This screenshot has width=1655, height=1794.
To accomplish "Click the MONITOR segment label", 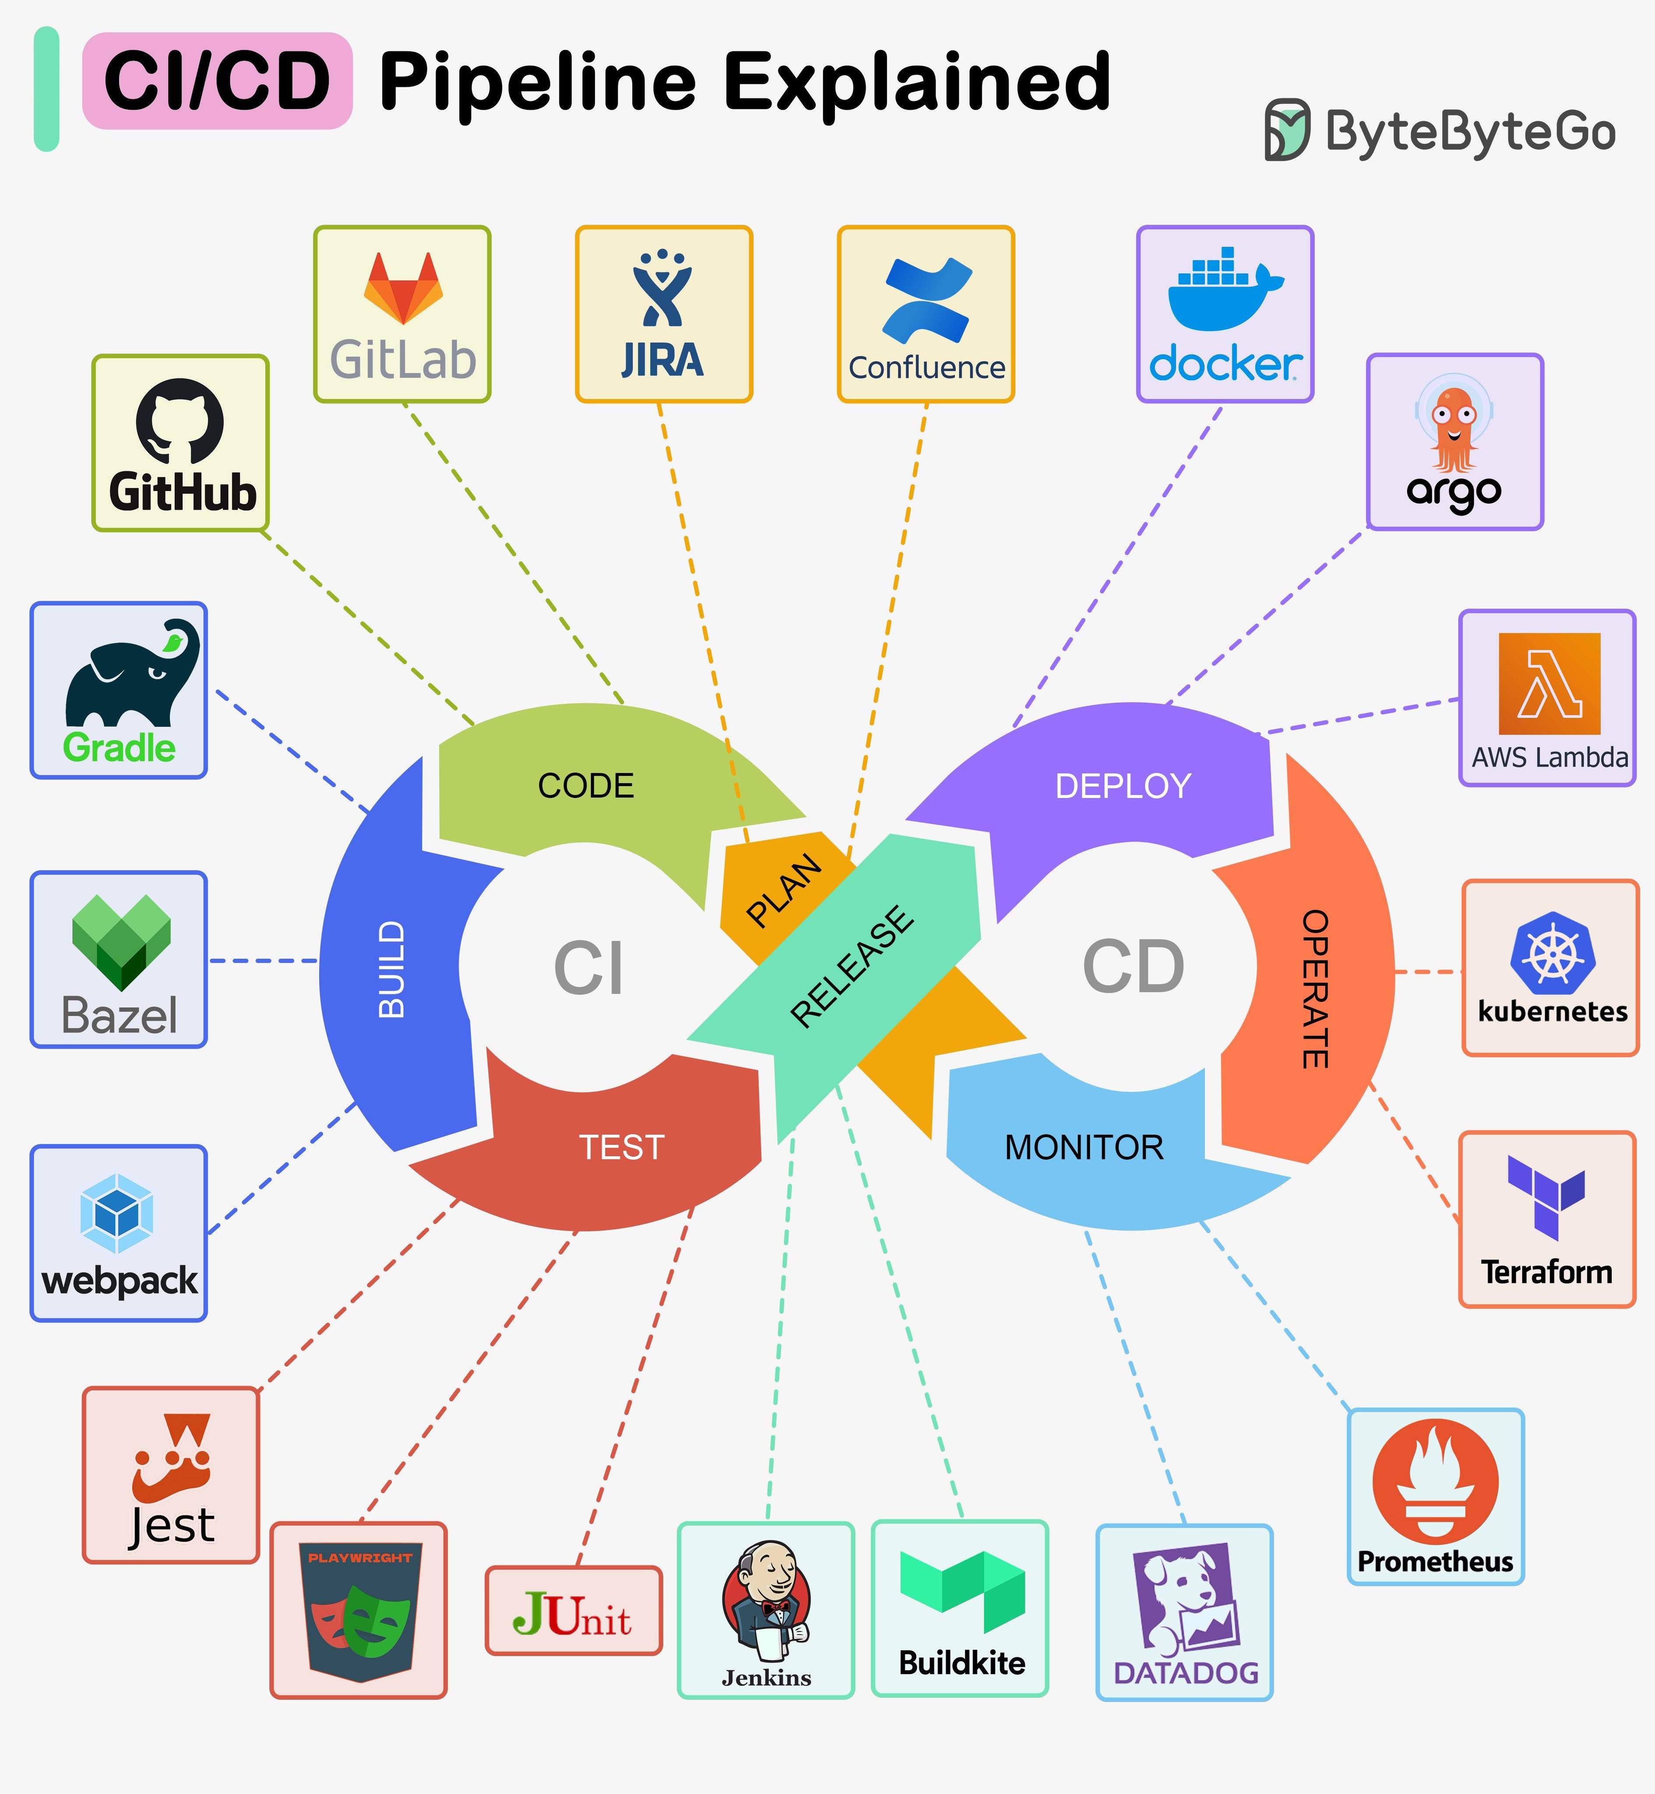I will pyautogui.click(x=1084, y=1148).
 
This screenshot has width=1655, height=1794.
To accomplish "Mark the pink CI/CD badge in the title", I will pyautogui.click(x=217, y=81).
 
